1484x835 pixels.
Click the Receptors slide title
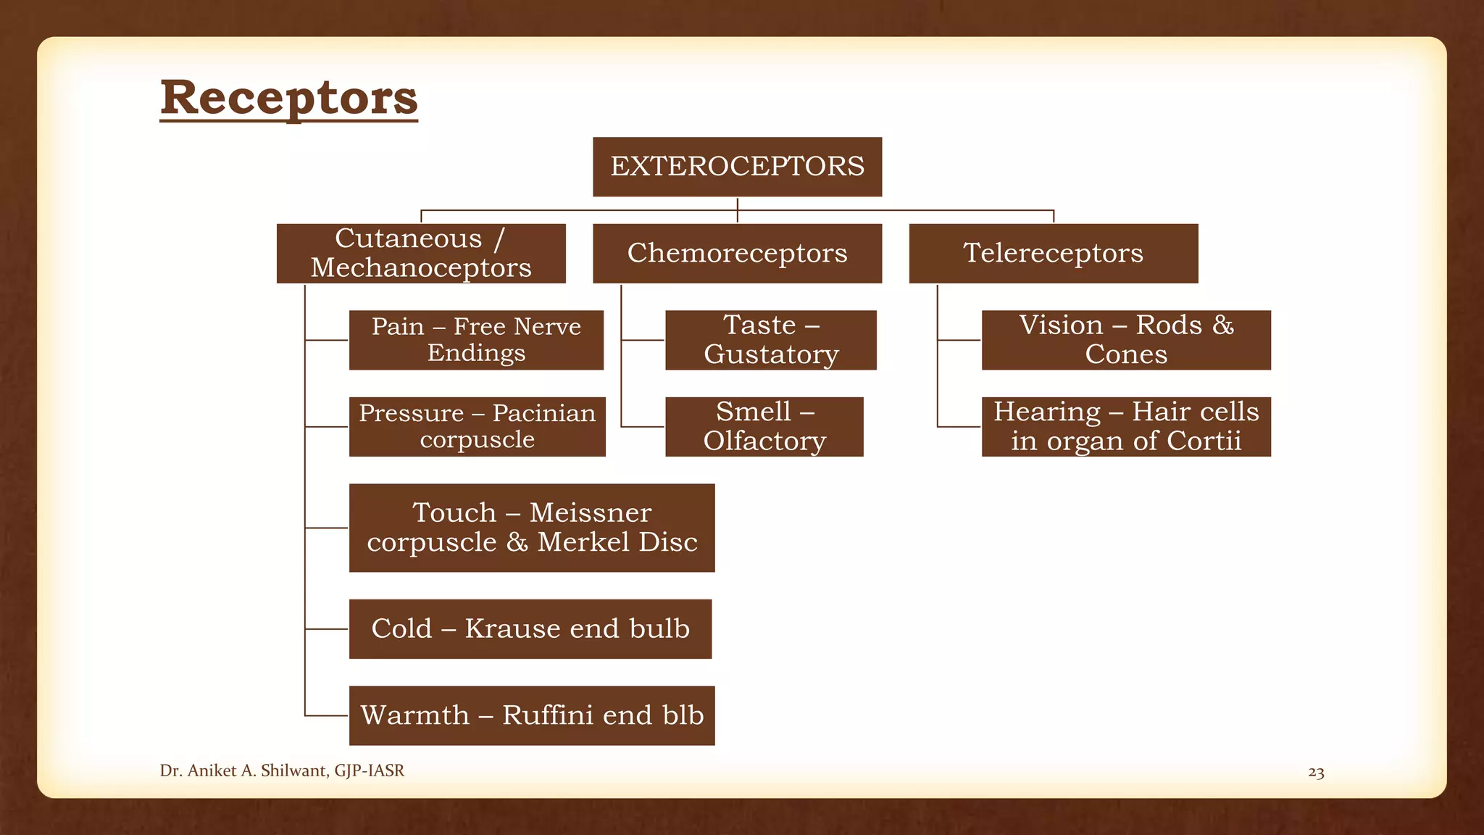[288, 97]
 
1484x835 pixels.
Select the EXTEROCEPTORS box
[737, 167]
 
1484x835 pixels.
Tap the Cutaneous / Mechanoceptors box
[421, 253]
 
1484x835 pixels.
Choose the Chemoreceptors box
[737, 253]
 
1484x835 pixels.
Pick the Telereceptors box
[1053, 253]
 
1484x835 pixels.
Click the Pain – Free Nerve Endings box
[476, 340]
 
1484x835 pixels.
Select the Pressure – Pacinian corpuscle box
[477, 426]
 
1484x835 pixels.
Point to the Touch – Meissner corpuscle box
[532, 528]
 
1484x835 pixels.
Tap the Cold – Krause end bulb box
[530, 628]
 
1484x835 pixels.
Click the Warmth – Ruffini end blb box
[532, 715]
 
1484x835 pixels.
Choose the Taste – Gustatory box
[771, 340]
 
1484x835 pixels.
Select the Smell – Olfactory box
[764, 426]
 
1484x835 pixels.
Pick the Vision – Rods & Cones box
[1126, 340]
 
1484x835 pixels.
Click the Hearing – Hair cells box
[1126, 426]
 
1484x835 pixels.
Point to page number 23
[1316, 773]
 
